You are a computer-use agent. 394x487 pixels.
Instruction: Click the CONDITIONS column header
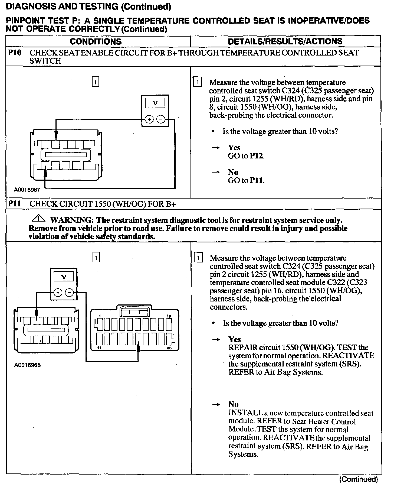[x=96, y=41]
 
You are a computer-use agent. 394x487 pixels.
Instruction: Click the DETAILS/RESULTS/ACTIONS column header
[x=285, y=41]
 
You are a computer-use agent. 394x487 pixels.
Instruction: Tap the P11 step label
[x=14, y=204]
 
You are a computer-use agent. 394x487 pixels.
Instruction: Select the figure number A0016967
[x=27, y=190]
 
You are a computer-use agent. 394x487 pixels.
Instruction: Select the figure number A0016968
[x=27, y=365]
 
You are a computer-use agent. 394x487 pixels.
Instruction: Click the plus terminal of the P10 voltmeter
[x=149, y=119]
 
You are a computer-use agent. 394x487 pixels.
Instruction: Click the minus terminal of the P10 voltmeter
[x=161, y=119]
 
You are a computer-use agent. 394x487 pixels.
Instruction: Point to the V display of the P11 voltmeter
[x=64, y=277]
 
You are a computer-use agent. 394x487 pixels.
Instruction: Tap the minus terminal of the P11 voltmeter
[x=70, y=293]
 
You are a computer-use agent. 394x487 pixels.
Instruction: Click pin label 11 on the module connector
[x=99, y=348]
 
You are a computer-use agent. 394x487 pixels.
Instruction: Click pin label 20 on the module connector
[x=169, y=348]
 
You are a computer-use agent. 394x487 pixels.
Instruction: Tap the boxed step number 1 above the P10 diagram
[x=96, y=82]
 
